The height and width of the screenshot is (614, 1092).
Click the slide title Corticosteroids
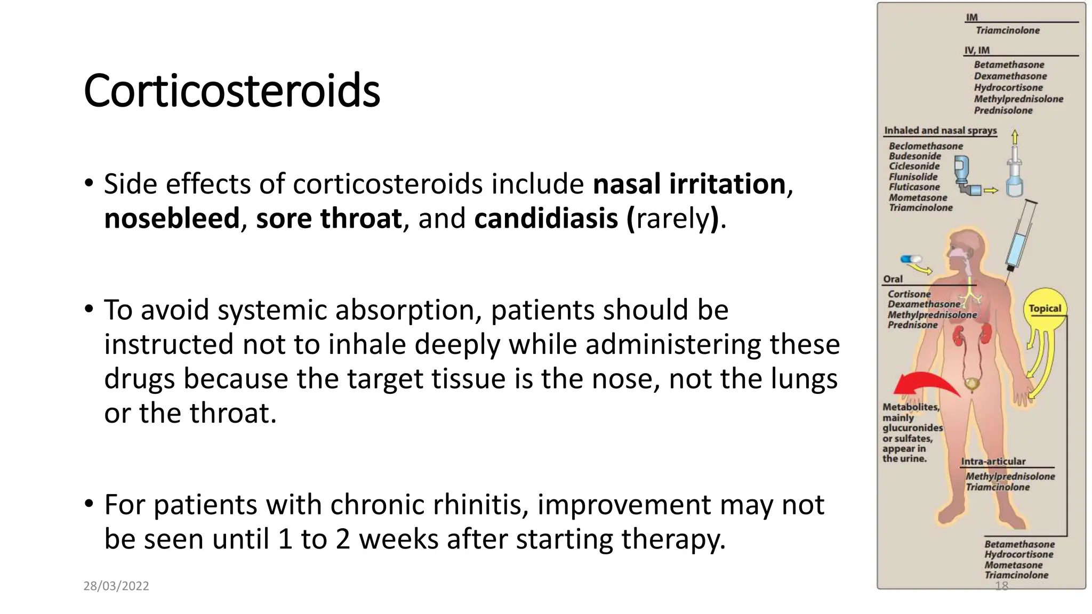(231, 91)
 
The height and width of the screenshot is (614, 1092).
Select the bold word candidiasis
(545, 219)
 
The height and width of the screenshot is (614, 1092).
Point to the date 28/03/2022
(116, 586)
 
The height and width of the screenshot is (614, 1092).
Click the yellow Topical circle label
(1045, 308)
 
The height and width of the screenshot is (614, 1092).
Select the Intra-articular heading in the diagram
(993, 462)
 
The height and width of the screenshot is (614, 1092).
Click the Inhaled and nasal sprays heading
(940, 131)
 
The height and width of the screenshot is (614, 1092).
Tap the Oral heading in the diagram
(893, 279)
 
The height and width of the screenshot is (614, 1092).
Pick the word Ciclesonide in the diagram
(914, 166)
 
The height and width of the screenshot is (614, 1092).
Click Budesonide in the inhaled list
(914, 156)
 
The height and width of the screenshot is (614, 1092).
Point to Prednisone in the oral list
(912, 325)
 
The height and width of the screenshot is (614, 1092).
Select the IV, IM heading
(976, 50)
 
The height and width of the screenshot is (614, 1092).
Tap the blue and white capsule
(911, 260)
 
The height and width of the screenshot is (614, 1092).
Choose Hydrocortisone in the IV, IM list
(1008, 87)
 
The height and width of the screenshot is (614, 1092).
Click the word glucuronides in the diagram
(912, 428)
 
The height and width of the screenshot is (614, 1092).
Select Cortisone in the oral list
(909, 294)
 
